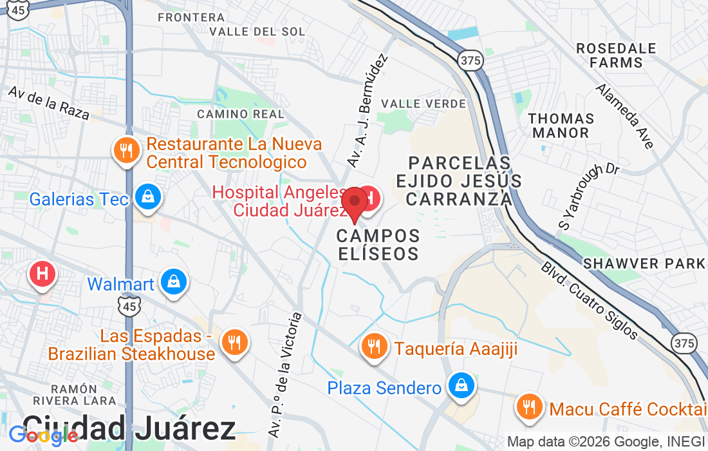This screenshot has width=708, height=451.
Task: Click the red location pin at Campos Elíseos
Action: coord(354,202)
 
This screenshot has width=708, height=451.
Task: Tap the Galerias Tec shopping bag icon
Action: coord(149,197)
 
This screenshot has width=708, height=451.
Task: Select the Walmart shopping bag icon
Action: coord(173,282)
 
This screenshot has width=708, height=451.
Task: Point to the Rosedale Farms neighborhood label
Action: coord(617,55)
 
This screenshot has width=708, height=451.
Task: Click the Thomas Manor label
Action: coord(561,126)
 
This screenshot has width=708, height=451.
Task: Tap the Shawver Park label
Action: coord(644,263)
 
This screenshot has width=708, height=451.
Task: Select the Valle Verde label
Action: coord(423,103)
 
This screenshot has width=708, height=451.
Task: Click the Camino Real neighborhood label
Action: coord(241,114)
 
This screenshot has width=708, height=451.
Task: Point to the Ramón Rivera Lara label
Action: coord(83,394)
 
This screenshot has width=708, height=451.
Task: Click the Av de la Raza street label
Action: coord(48,102)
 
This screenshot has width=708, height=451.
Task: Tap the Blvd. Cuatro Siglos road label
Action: coord(588,300)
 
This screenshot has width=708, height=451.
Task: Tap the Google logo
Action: coord(44,436)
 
